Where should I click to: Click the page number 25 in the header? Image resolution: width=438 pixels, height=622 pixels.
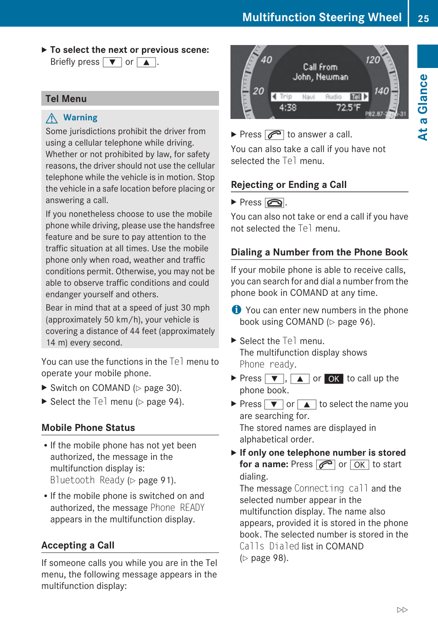click(423, 18)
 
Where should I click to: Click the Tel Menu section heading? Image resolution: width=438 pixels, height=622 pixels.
click(66, 99)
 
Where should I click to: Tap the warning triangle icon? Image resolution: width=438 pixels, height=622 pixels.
click(52, 118)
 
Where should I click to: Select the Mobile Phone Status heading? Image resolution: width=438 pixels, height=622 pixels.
click(88, 428)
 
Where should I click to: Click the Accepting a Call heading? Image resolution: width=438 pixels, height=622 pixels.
click(78, 545)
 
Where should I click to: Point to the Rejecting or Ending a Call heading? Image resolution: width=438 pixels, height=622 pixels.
click(289, 185)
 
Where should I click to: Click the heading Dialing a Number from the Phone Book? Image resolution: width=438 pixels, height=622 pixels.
click(319, 252)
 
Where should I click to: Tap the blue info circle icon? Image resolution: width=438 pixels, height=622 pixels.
click(236, 310)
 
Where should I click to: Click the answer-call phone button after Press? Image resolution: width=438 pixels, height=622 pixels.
click(274, 135)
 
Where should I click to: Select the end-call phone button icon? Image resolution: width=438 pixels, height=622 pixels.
click(274, 203)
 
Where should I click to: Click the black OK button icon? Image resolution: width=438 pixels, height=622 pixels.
click(334, 379)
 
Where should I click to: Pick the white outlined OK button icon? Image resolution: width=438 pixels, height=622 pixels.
click(359, 465)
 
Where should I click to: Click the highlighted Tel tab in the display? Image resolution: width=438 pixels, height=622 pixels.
click(356, 96)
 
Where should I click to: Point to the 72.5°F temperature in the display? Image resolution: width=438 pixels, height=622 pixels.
click(348, 107)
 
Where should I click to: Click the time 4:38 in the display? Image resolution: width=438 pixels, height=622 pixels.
click(288, 107)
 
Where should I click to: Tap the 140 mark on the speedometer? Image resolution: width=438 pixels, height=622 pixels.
click(381, 91)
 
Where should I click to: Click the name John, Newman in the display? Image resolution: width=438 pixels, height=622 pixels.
click(320, 77)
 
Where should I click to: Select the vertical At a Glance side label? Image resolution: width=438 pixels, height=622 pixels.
click(423, 107)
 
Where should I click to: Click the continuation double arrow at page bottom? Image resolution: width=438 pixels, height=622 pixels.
click(402, 610)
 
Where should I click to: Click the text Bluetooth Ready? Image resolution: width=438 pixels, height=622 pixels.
click(87, 480)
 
